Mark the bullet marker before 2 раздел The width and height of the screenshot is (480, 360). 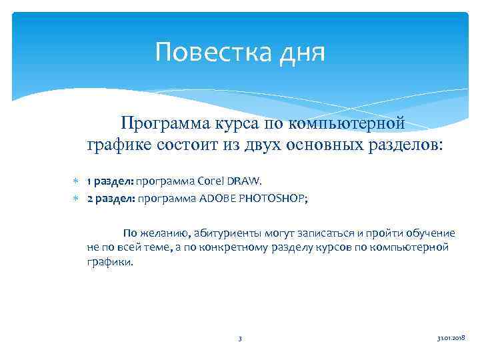[76, 198]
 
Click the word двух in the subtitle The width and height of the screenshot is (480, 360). [261, 144]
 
